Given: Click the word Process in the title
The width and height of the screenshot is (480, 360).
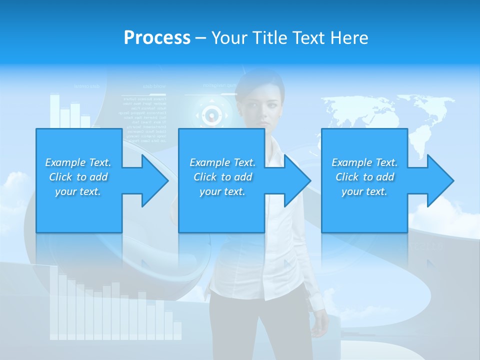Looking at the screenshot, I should tap(157, 38).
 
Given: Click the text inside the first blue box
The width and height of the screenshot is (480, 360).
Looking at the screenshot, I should tap(78, 177).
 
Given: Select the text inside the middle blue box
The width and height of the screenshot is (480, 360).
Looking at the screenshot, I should tap(222, 177).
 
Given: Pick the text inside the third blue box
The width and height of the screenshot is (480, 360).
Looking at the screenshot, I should tap(364, 177).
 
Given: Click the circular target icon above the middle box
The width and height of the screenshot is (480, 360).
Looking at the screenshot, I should tap(212, 116).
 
